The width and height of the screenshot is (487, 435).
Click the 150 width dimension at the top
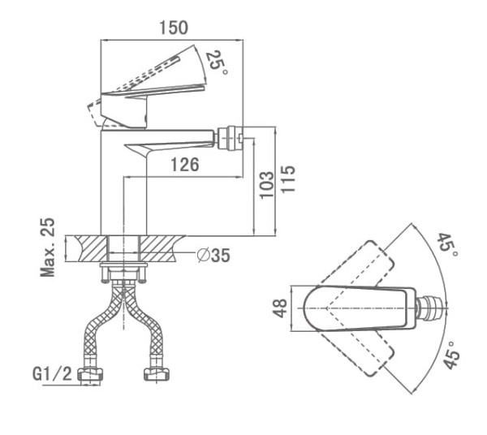(174, 28)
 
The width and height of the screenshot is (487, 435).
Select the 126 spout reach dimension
(185, 165)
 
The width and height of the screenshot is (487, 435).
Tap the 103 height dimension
(267, 185)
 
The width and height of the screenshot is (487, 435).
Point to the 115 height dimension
(288, 179)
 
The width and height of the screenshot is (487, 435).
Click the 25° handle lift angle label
(217, 62)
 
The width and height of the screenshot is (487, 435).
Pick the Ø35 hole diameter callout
(214, 256)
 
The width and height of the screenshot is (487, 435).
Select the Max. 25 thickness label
(48, 248)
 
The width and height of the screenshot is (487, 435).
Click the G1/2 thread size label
(52, 374)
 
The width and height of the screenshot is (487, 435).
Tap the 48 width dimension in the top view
(280, 308)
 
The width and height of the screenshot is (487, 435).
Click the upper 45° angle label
(447, 245)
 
